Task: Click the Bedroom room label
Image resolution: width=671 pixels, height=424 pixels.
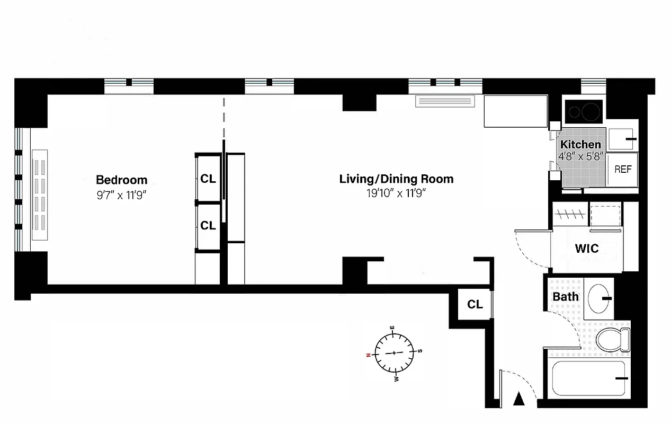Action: pyautogui.click(x=121, y=180)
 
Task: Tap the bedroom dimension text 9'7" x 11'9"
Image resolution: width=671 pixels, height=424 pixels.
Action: pyautogui.click(x=121, y=195)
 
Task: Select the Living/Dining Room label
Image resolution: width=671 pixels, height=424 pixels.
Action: pyautogui.click(x=396, y=179)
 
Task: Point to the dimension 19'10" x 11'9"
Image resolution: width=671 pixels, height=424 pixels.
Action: pyautogui.click(x=396, y=193)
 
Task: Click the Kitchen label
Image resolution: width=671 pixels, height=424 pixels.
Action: pyautogui.click(x=580, y=145)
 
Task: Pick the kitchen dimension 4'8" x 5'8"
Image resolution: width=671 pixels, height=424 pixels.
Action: pyautogui.click(x=580, y=156)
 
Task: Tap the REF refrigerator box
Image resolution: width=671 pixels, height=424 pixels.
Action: pyautogui.click(x=623, y=170)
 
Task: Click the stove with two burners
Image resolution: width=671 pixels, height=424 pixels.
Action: pyautogui.click(x=583, y=111)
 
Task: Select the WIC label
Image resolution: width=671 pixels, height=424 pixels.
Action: pyautogui.click(x=587, y=248)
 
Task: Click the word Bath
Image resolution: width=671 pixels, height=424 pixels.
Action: pyautogui.click(x=566, y=297)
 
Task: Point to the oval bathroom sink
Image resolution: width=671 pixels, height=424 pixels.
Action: pyautogui.click(x=600, y=298)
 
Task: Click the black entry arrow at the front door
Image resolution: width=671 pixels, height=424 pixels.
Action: pyautogui.click(x=520, y=399)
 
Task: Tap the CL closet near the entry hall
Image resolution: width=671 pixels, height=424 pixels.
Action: pyautogui.click(x=475, y=304)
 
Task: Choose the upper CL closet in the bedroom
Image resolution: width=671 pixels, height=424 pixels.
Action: pyautogui.click(x=208, y=179)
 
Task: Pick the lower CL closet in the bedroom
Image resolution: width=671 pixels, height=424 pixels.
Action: pyautogui.click(x=208, y=226)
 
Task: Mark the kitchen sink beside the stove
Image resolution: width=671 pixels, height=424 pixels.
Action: pyautogui.click(x=622, y=138)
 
